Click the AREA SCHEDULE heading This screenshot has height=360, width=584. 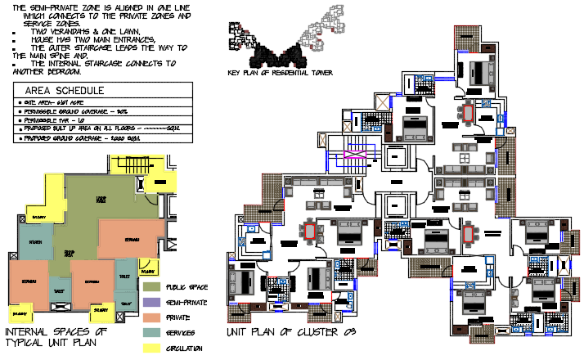click(65, 90)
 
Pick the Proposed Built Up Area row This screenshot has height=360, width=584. click(98, 128)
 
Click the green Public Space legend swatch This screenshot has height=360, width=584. click(151, 287)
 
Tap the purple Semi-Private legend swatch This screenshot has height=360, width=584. click(151, 303)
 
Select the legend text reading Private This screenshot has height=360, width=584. click(178, 317)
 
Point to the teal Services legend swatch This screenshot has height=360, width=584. click(151, 332)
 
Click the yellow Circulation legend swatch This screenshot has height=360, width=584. click(151, 348)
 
